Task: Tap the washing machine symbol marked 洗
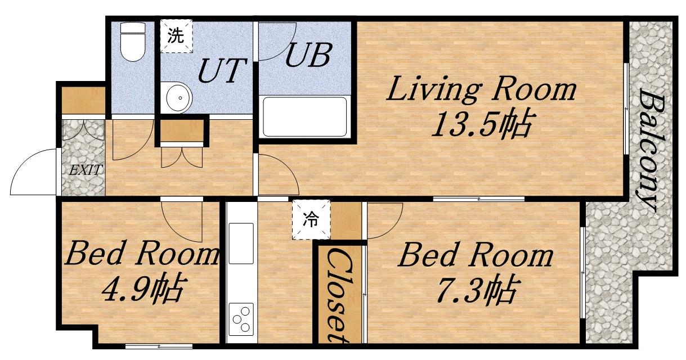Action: click(x=176, y=36)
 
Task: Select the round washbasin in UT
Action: click(x=179, y=98)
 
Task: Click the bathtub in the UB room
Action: click(x=304, y=116)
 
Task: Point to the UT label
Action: click(x=223, y=71)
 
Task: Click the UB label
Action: click(x=309, y=56)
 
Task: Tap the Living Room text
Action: click(x=481, y=89)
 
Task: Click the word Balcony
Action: click(x=648, y=150)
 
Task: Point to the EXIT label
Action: click(x=85, y=170)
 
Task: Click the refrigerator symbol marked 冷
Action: click(x=311, y=219)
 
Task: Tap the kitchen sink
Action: click(x=241, y=244)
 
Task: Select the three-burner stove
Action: click(x=241, y=319)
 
